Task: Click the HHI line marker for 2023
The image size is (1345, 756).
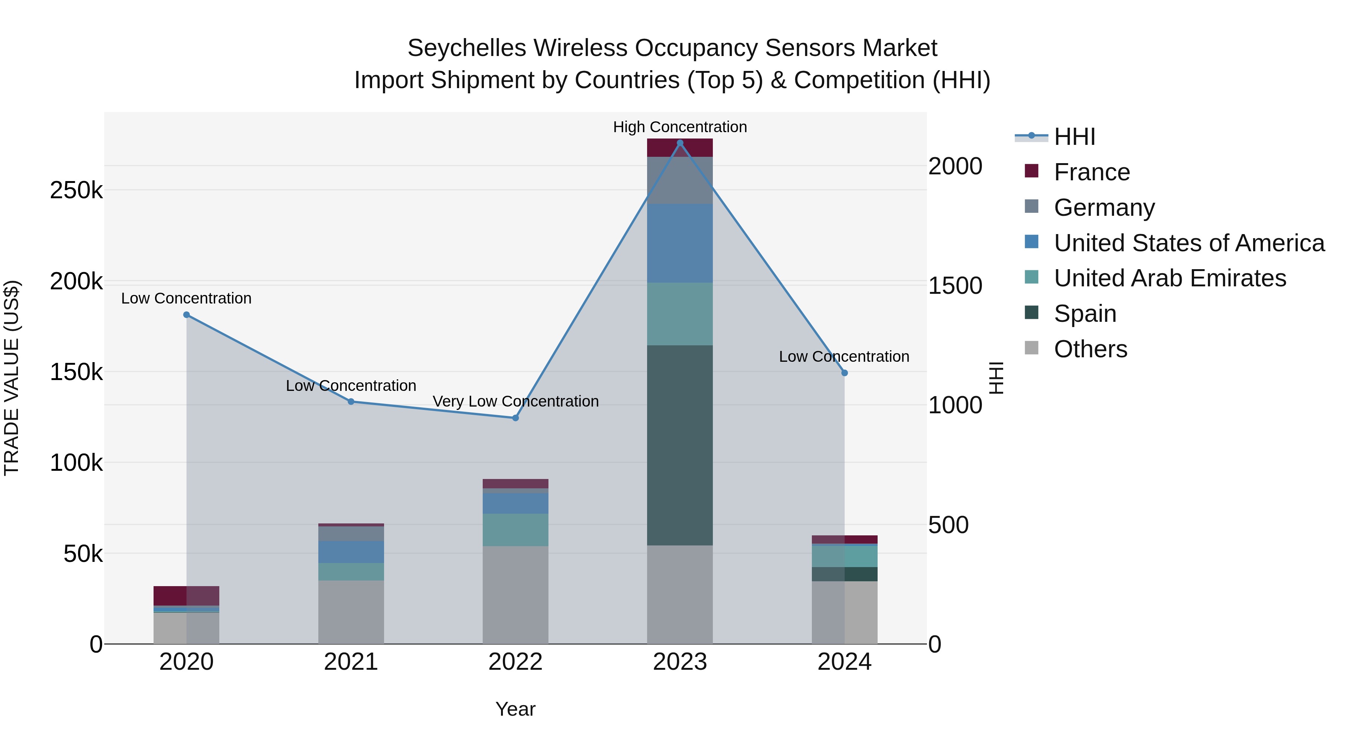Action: (x=680, y=143)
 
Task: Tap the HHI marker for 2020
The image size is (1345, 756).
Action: (x=186, y=315)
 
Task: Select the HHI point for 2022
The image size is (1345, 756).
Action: (x=515, y=418)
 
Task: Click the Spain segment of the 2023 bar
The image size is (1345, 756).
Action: (x=680, y=445)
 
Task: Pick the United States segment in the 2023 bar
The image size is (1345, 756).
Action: (x=680, y=243)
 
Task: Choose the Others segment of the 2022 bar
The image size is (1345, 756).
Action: (x=515, y=595)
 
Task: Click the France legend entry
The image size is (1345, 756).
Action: (x=1091, y=172)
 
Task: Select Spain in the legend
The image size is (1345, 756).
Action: (x=1085, y=314)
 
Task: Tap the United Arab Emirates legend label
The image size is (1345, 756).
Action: (x=1169, y=278)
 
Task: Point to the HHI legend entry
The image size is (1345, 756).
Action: (x=1074, y=137)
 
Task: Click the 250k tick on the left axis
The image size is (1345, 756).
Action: (x=76, y=190)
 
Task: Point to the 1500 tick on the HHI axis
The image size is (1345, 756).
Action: (x=955, y=286)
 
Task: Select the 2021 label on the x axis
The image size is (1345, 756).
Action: (x=351, y=662)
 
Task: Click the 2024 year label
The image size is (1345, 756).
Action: (x=844, y=662)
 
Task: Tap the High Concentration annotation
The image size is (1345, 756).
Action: (x=680, y=127)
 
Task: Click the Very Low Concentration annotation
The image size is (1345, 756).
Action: (x=515, y=401)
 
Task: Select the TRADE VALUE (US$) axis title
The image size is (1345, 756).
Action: (x=12, y=378)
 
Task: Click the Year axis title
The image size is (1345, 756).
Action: (x=515, y=709)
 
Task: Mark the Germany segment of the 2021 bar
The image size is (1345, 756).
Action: (x=351, y=534)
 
